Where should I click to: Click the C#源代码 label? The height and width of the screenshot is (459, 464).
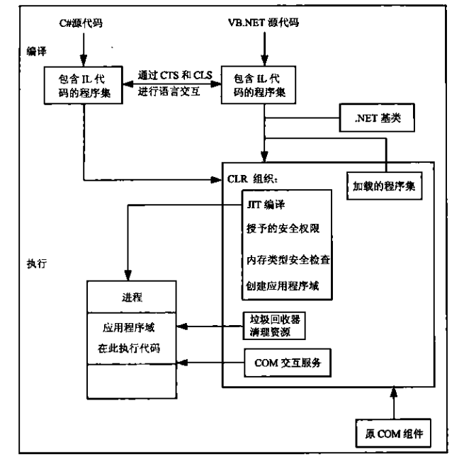coord(81,23)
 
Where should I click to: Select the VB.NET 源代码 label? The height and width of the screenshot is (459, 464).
coord(264,23)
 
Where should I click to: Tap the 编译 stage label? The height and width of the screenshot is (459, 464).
coord(36,52)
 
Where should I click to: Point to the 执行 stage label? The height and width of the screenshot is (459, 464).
coord(36,263)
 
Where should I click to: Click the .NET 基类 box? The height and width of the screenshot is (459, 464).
coord(377,118)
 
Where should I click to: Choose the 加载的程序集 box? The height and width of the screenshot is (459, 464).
coord(384,186)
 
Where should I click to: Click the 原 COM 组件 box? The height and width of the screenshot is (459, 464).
coord(393,433)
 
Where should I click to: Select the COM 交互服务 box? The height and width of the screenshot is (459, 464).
coord(288,363)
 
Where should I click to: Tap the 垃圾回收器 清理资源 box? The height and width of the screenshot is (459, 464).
coord(274,326)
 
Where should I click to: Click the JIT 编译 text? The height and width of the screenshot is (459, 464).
coord(266,205)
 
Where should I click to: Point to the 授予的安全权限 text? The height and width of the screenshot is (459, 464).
coord(283,229)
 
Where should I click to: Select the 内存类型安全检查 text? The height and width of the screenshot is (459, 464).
coord(288,260)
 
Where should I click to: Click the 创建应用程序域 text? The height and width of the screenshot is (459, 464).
coord(283,286)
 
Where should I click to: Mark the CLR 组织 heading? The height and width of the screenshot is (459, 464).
coord(252,179)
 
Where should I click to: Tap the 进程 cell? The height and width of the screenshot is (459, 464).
coord(132,297)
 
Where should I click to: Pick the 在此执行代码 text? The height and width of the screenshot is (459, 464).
coord(129,348)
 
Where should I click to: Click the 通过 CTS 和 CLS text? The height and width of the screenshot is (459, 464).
coord(175,75)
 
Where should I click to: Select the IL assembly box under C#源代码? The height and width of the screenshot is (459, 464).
coord(84,85)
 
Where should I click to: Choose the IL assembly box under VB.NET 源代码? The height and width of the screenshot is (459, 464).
coord(259,85)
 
